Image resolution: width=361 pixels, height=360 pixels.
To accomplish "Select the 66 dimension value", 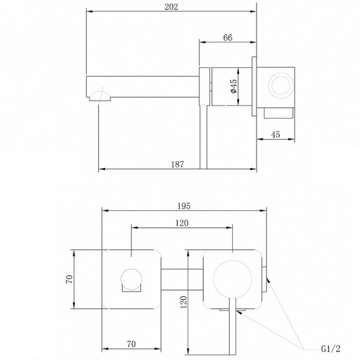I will (x=227, y=37).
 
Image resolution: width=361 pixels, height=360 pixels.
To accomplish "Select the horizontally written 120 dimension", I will (x=182, y=223).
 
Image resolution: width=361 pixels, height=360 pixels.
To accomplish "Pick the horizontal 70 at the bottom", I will (x=131, y=342).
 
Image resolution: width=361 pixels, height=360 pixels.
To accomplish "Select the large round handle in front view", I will (x=233, y=279).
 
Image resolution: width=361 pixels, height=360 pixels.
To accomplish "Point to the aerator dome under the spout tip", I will (x=100, y=96).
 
